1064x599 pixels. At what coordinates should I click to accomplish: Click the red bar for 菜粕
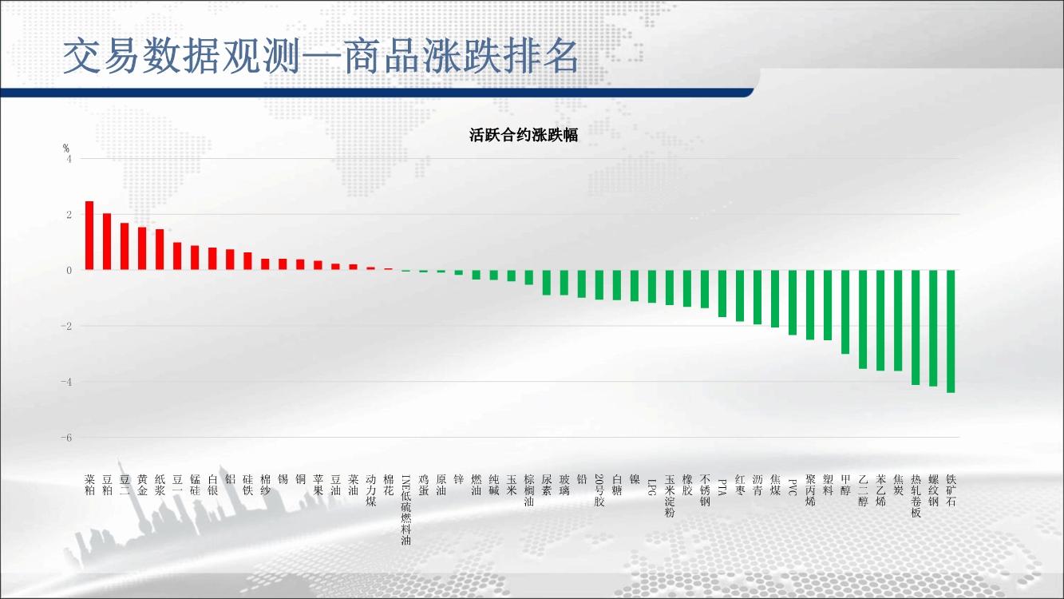pyautogui.click(x=89, y=236)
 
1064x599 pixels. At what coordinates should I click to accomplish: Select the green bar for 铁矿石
pyautogui.click(x=951, y=331)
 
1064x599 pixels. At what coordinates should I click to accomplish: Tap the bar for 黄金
pyautogui.click(x=142, y=248)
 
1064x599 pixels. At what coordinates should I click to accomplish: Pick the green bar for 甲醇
pyautogui.click(x=845, y=311)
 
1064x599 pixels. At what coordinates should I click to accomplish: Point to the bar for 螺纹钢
pyautogui.click(x=933, y=328)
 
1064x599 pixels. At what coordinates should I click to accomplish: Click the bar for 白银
pyautogui.click(x=212, y=259)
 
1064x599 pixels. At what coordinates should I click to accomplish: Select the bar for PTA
pyautogui.click(x=722, y=293)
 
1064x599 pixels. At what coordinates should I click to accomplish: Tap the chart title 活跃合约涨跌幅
pyautogui.click(x=524, y=136)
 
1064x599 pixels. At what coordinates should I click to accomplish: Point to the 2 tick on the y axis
pyautogui.click(x=69, y=214)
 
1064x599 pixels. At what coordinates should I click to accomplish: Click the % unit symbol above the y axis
pyautogui.click(x=66, y=149)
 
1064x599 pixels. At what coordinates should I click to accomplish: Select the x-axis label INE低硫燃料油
pyautogui.click(x=405, y=510)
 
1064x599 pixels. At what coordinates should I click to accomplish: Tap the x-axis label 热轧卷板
pyautogui.click(x=916, y=496)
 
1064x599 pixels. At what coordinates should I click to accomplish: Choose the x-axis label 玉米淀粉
pyautogui.click(x=669, y=496)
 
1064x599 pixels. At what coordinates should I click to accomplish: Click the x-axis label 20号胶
pyautogui.click(x=599, y=490)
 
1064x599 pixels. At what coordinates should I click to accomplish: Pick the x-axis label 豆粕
pyautogui.click(x=107, y=485)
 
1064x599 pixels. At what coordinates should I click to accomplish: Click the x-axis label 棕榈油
pyautogui.click(x=528, y=490)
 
